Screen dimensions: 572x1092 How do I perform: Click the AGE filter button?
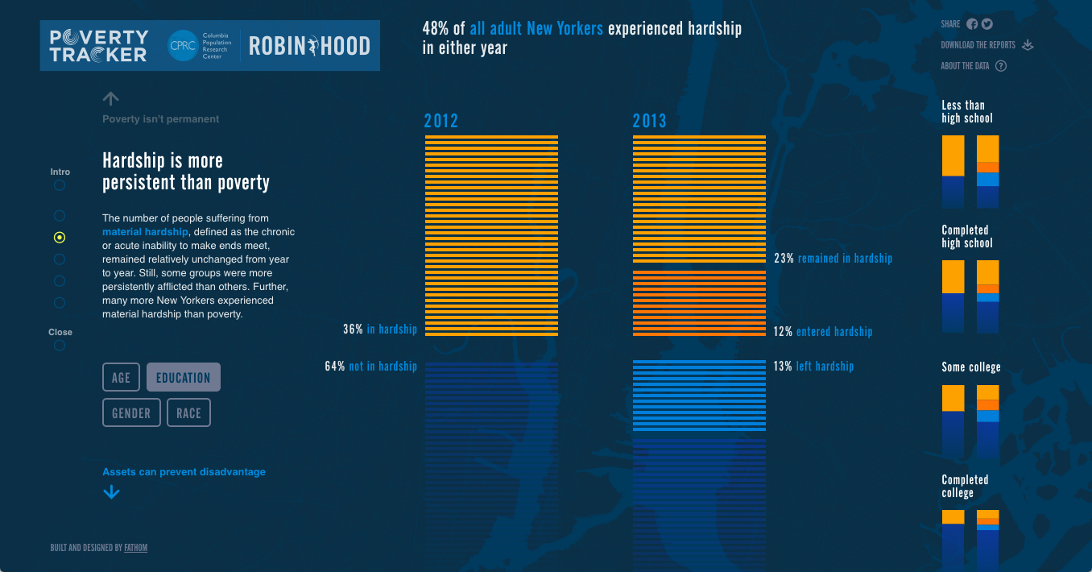[121, 377]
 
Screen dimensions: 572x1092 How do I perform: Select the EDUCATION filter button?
[184, 377]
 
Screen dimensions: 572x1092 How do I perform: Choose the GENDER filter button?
[131, 412]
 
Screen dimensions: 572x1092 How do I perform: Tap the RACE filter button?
[188, 412]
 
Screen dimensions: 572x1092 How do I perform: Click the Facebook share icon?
[972, 24]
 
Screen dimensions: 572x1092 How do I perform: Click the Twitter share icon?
[987, 24]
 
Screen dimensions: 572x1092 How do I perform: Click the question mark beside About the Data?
[1001, 66]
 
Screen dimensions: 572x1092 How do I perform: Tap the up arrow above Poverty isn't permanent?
[111, 98]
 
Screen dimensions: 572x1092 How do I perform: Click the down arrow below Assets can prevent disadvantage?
[111, 492]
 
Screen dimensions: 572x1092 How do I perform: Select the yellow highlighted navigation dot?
[60, 238]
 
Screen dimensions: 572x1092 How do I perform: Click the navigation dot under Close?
[60, 346]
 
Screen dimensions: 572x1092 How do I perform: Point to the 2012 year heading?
[441, 121]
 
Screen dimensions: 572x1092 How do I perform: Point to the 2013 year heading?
[649, 121]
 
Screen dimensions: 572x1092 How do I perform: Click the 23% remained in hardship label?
[833, 259]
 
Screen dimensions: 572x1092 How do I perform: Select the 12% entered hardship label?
[823, 332]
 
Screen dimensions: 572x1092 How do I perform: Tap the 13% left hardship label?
[813, 367]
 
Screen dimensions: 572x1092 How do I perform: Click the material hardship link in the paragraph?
[145, 232]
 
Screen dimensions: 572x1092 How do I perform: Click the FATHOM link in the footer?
[136, 548]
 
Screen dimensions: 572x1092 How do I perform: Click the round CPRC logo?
[182, 45]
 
